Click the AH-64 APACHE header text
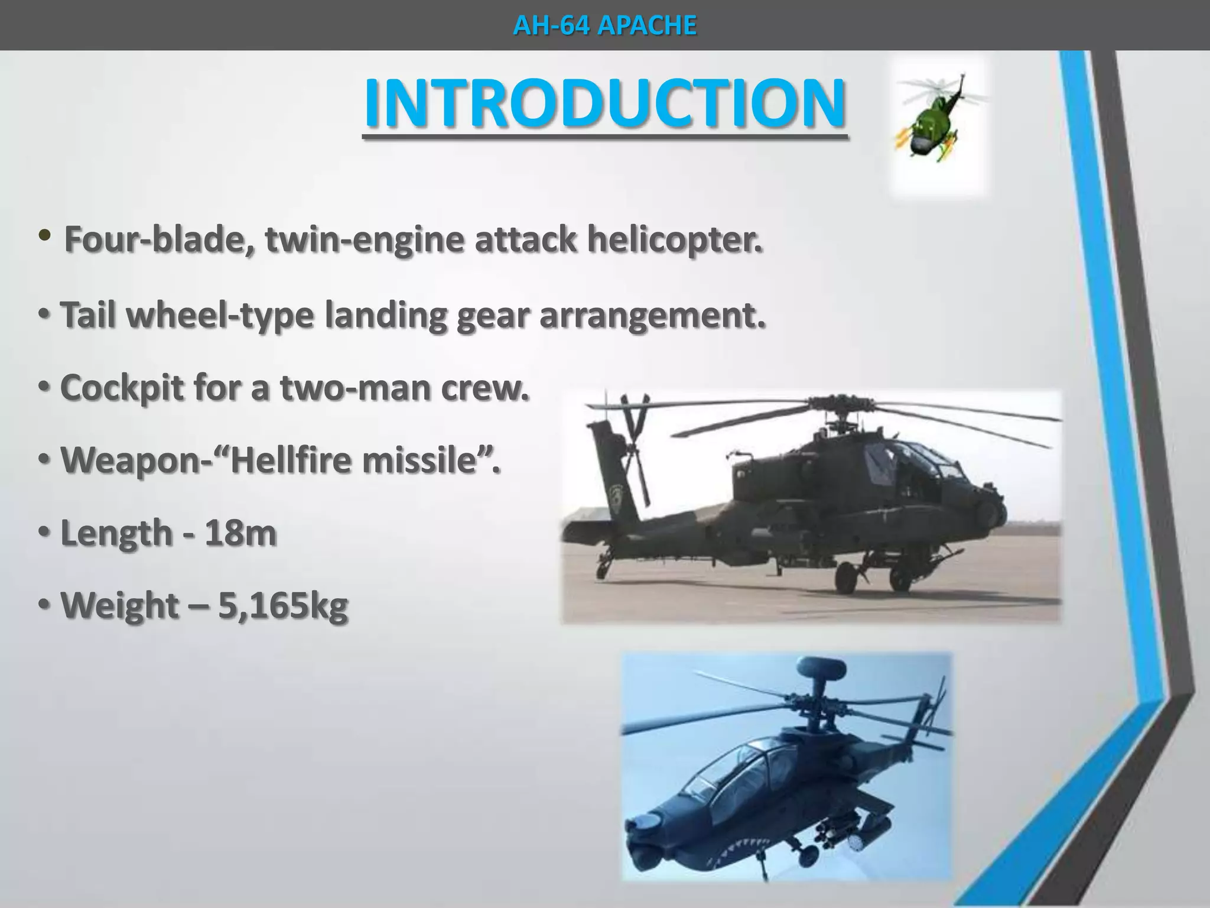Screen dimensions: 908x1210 click(x=604, y=25)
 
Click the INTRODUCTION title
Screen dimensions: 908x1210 click(x=604, y=103)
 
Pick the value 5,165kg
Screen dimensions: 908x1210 click(x=283, y=606)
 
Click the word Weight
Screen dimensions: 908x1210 click(x=120, y=606)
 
